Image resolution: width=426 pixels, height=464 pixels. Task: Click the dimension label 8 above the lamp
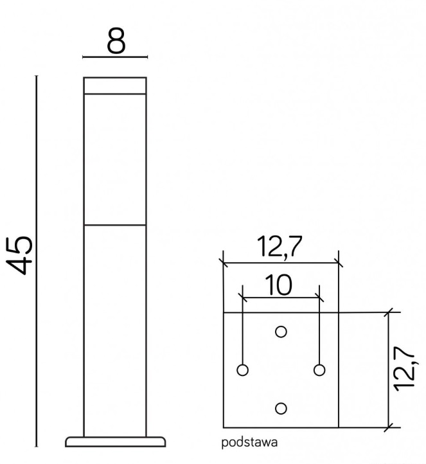pos(116,42)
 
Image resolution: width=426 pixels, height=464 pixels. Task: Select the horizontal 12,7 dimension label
pos(280,246)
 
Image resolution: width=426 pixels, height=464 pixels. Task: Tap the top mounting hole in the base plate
pos(280,332)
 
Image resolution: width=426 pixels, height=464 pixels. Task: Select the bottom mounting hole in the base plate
pos(280,408)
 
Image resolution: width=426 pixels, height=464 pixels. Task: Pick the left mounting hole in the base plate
pos(242,370)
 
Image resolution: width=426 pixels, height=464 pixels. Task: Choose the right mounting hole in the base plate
pos(319,370)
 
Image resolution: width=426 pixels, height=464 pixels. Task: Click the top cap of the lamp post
pos(116,86)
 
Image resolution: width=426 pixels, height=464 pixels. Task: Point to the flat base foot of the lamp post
pos(116,442)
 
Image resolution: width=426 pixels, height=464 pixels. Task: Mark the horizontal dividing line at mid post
pos(116,225)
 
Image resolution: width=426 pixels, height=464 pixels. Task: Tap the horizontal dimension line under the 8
pos(116,58)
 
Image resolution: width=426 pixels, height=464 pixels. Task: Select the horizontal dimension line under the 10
pos(281,297)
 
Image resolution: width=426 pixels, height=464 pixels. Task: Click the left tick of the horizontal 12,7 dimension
pos(223,262)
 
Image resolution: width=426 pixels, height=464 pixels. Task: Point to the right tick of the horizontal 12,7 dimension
pos(338,262)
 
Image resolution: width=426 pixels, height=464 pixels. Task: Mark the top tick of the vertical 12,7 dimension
pos(389,312)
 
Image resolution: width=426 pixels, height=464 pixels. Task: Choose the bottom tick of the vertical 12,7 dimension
pos(389,427)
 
